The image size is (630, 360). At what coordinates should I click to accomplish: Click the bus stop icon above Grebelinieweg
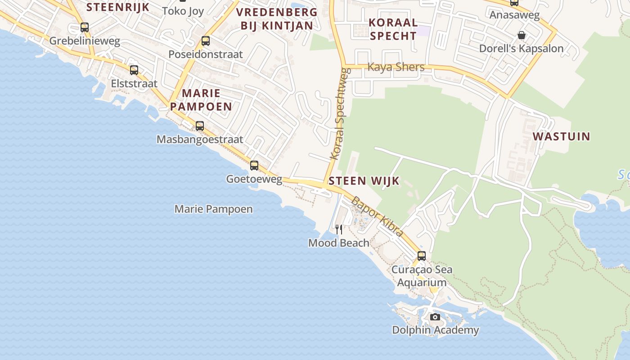click(x=85, y=27)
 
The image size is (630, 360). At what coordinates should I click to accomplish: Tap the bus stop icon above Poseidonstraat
click(x=206, y=41)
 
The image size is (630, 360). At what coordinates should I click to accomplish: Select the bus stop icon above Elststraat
click(x=134, y=70)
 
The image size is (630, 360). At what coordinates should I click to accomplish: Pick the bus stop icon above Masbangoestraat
click(x=200, y=126)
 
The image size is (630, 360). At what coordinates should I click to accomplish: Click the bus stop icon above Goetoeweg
click(x=254, y=166)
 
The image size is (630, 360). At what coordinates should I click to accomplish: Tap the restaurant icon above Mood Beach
click(x=339, y=229)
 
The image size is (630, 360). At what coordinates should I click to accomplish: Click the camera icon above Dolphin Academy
click(x=435, y=317)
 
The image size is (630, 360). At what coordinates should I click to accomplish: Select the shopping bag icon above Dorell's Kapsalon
click(x=522, y=35)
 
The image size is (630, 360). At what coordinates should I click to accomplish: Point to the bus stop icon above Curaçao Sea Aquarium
click(x=422, y=256)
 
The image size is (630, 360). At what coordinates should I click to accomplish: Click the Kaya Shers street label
click(x=396, y=67)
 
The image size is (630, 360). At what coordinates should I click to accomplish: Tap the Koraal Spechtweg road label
click(x=340, y=113)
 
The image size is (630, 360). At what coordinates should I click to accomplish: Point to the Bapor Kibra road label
click(x=377, y=216)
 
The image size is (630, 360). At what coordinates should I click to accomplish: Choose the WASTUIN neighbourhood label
click(x=561, y=136)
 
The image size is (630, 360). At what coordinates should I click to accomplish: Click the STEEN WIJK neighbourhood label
click(x=364, y=181)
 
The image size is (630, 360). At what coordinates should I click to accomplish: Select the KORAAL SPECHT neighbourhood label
click(x=393, y=29)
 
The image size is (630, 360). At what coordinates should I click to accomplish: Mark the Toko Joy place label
click(x=183, y=11)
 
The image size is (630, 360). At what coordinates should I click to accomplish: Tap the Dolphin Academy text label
click(x=435, y=330)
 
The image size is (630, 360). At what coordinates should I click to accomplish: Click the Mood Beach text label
click(x=338, y=243)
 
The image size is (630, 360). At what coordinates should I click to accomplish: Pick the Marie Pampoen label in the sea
click(x=213, y=209)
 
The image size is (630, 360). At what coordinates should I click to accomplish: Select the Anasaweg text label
click(x=514, y=14)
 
